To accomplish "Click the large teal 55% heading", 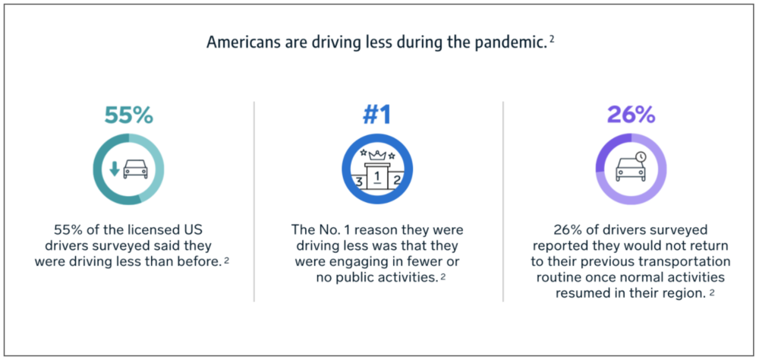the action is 129,115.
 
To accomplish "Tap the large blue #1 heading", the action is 377,115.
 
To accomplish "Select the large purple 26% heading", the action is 631,115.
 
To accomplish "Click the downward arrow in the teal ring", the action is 115,169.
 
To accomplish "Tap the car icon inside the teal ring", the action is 136,169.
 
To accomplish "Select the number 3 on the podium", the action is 359,183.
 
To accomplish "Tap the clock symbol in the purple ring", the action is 641,157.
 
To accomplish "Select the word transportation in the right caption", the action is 686,262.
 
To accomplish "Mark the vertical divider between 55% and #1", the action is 254,201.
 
